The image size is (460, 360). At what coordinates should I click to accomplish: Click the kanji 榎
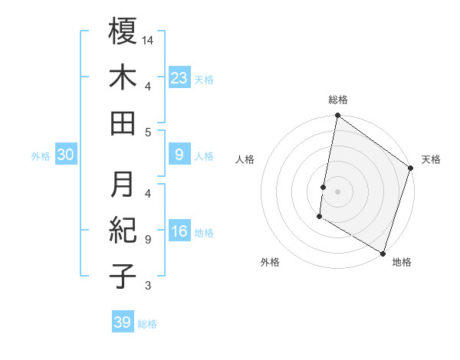pyautogui.click(x=123, y=31)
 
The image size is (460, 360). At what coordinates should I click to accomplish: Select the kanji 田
pyautogui.click(x=123, y=123)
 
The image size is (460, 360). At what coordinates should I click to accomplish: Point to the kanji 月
pyautogui.click(x=123, y=183)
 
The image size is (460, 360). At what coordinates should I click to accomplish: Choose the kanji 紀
pyautogui.click(x=123, y=229)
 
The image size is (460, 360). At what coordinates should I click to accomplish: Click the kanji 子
pyautogui.click(x=123, y=275)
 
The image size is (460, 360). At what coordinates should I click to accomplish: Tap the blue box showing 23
pyautogui.click(x=179, y=77)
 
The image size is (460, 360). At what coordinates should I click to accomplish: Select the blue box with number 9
pyautogui.click(x=179, y=155)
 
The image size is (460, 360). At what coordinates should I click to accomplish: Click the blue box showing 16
pyautogui.click(x=179, y=232)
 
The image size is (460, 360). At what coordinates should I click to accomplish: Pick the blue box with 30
pyautogui.click(x=66, y=155)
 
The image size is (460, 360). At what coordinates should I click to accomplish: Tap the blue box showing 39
pyautogui.click(x=122, y=322)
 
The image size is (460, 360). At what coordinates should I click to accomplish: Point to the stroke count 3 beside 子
pyautogui.click(x=148, y=286)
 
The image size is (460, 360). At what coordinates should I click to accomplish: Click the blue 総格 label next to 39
pyautogui.click(x=147, y=324)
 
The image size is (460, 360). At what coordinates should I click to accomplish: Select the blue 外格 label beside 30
pyautogui.click(x=41, y=156)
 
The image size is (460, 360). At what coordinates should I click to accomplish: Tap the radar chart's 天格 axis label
pyautogui.click(x=431, y=159)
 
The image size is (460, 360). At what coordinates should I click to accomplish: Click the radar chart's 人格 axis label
pyautogui.click(x=245, y=159)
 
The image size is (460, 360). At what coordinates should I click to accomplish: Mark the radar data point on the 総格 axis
pyautogui.click(x=337, y=116)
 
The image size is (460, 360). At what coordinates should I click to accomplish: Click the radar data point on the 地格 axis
pyautogui.click(x=383, y=253)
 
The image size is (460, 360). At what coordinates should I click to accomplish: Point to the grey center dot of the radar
pyautogui.click(x=337, y=189)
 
